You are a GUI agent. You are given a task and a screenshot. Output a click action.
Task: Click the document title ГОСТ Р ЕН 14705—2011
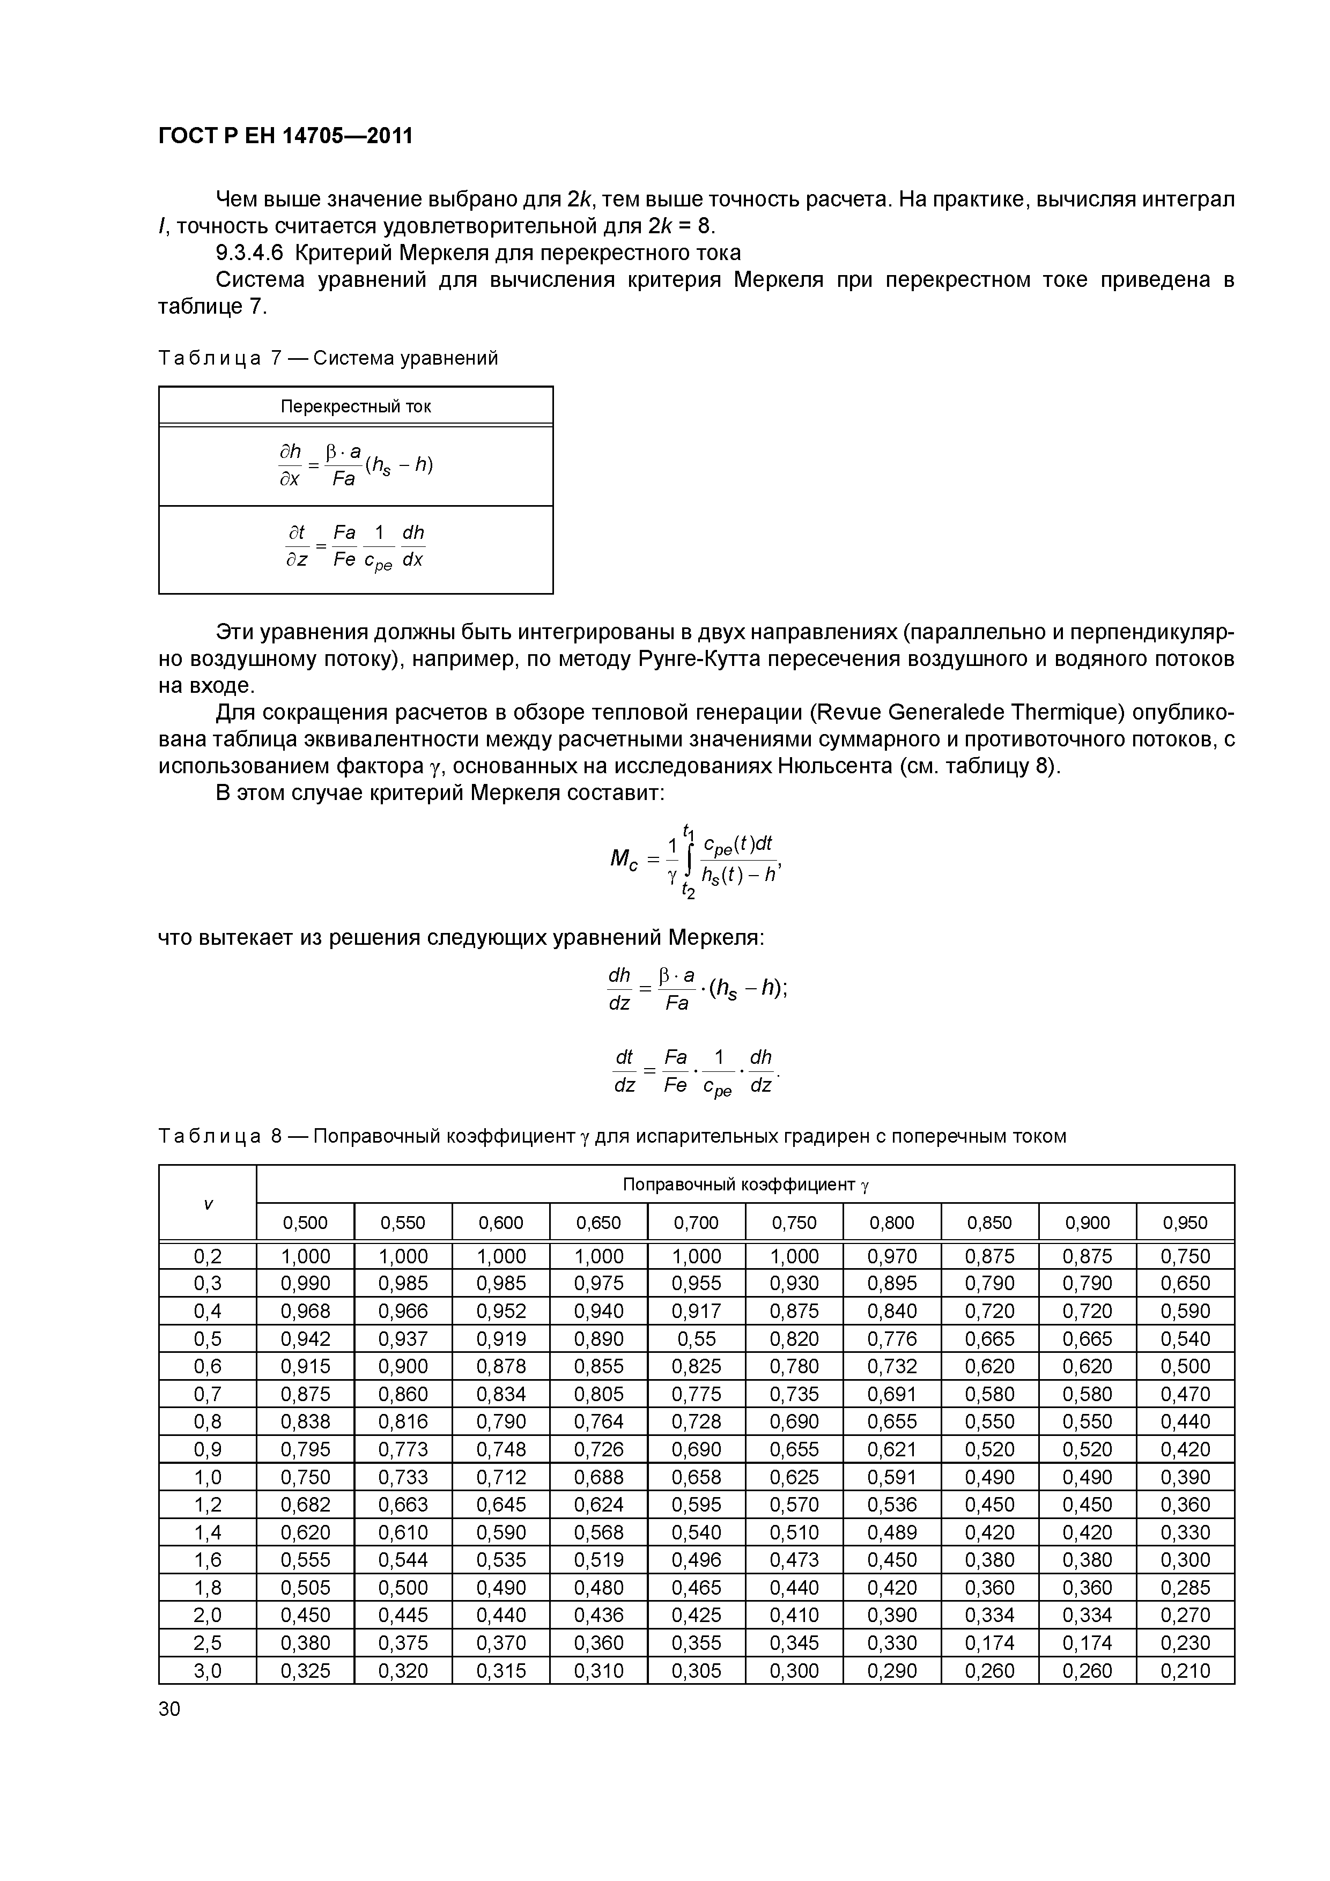click(x=285, y=136)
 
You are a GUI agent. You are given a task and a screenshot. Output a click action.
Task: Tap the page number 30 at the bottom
click(x=169, y=1709)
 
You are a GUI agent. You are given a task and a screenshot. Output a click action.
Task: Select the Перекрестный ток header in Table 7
click(x=356, y=406)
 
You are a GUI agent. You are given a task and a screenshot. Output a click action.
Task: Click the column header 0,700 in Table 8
click(x=696, y=1223)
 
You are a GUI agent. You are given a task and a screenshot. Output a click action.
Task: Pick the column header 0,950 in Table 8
click(x=1185, y=1223)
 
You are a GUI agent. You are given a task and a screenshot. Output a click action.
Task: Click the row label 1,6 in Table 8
click(x=208, y=1560)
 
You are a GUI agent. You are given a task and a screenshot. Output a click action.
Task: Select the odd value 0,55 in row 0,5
click(x=696, y=1339)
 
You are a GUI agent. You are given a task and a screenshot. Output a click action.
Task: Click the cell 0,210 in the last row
click(x=1185, y=1670)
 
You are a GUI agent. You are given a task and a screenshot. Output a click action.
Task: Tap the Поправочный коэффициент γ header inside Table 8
click(x=745, y=1184)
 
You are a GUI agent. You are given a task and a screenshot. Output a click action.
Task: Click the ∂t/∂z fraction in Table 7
click(x=296, y=546)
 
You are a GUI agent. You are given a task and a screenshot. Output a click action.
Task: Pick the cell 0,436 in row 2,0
click(x=598, y=1615)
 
